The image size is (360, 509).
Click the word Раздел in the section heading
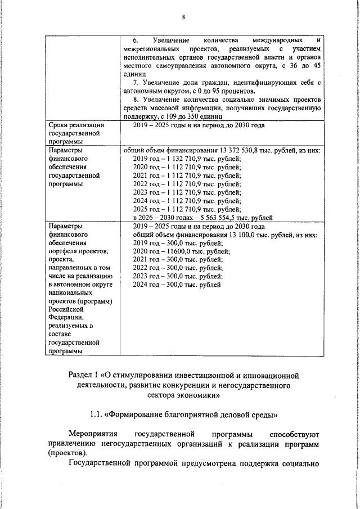point(80,375)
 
